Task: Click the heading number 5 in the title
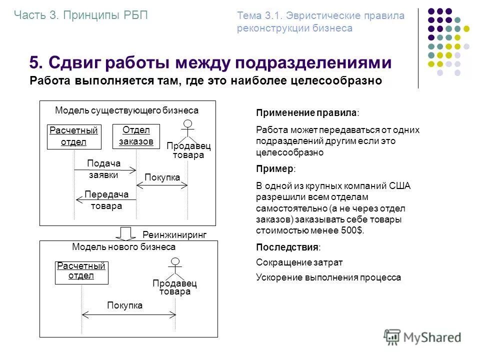coord(34,63)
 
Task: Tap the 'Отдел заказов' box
coord(136,136)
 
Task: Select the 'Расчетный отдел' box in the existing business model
coord(74,136)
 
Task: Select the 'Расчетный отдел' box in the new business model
coord(81,272)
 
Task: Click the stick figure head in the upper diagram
coord(187,123)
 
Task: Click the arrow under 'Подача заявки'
coord(105,170)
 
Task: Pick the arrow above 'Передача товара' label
coord(106,200)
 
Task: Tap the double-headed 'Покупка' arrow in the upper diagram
coord(162,185)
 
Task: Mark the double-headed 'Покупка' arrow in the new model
coord(129,314)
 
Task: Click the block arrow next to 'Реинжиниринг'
coord(127,233)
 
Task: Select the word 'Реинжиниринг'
coord(174,234)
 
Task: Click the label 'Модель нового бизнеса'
coord(124,247)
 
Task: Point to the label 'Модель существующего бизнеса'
coord(126,110)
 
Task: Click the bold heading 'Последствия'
coord(287,247)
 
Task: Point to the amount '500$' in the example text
coord(353,230)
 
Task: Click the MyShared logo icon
coord(392,336)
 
